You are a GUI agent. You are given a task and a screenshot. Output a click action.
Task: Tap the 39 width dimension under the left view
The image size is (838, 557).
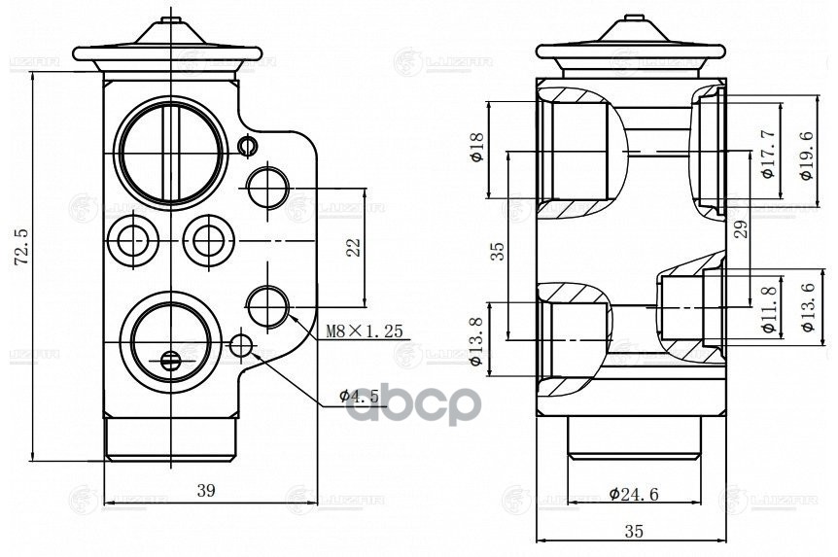(205, 491)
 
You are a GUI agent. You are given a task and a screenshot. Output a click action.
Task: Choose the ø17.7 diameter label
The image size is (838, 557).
(767, 155)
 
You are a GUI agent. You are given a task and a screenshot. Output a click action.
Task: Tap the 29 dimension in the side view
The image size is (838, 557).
(740, 230)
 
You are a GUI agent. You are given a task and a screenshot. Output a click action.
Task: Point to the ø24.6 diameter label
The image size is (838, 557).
(634, 494)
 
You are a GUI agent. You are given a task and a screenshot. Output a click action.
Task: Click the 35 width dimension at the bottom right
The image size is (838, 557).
(633, 531)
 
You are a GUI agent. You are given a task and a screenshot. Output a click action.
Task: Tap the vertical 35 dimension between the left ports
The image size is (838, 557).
(498, 253)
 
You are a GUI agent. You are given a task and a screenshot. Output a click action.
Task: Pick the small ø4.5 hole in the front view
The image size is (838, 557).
(242, 345)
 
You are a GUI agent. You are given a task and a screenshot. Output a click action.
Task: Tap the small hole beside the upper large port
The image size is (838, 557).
(246, 146)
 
